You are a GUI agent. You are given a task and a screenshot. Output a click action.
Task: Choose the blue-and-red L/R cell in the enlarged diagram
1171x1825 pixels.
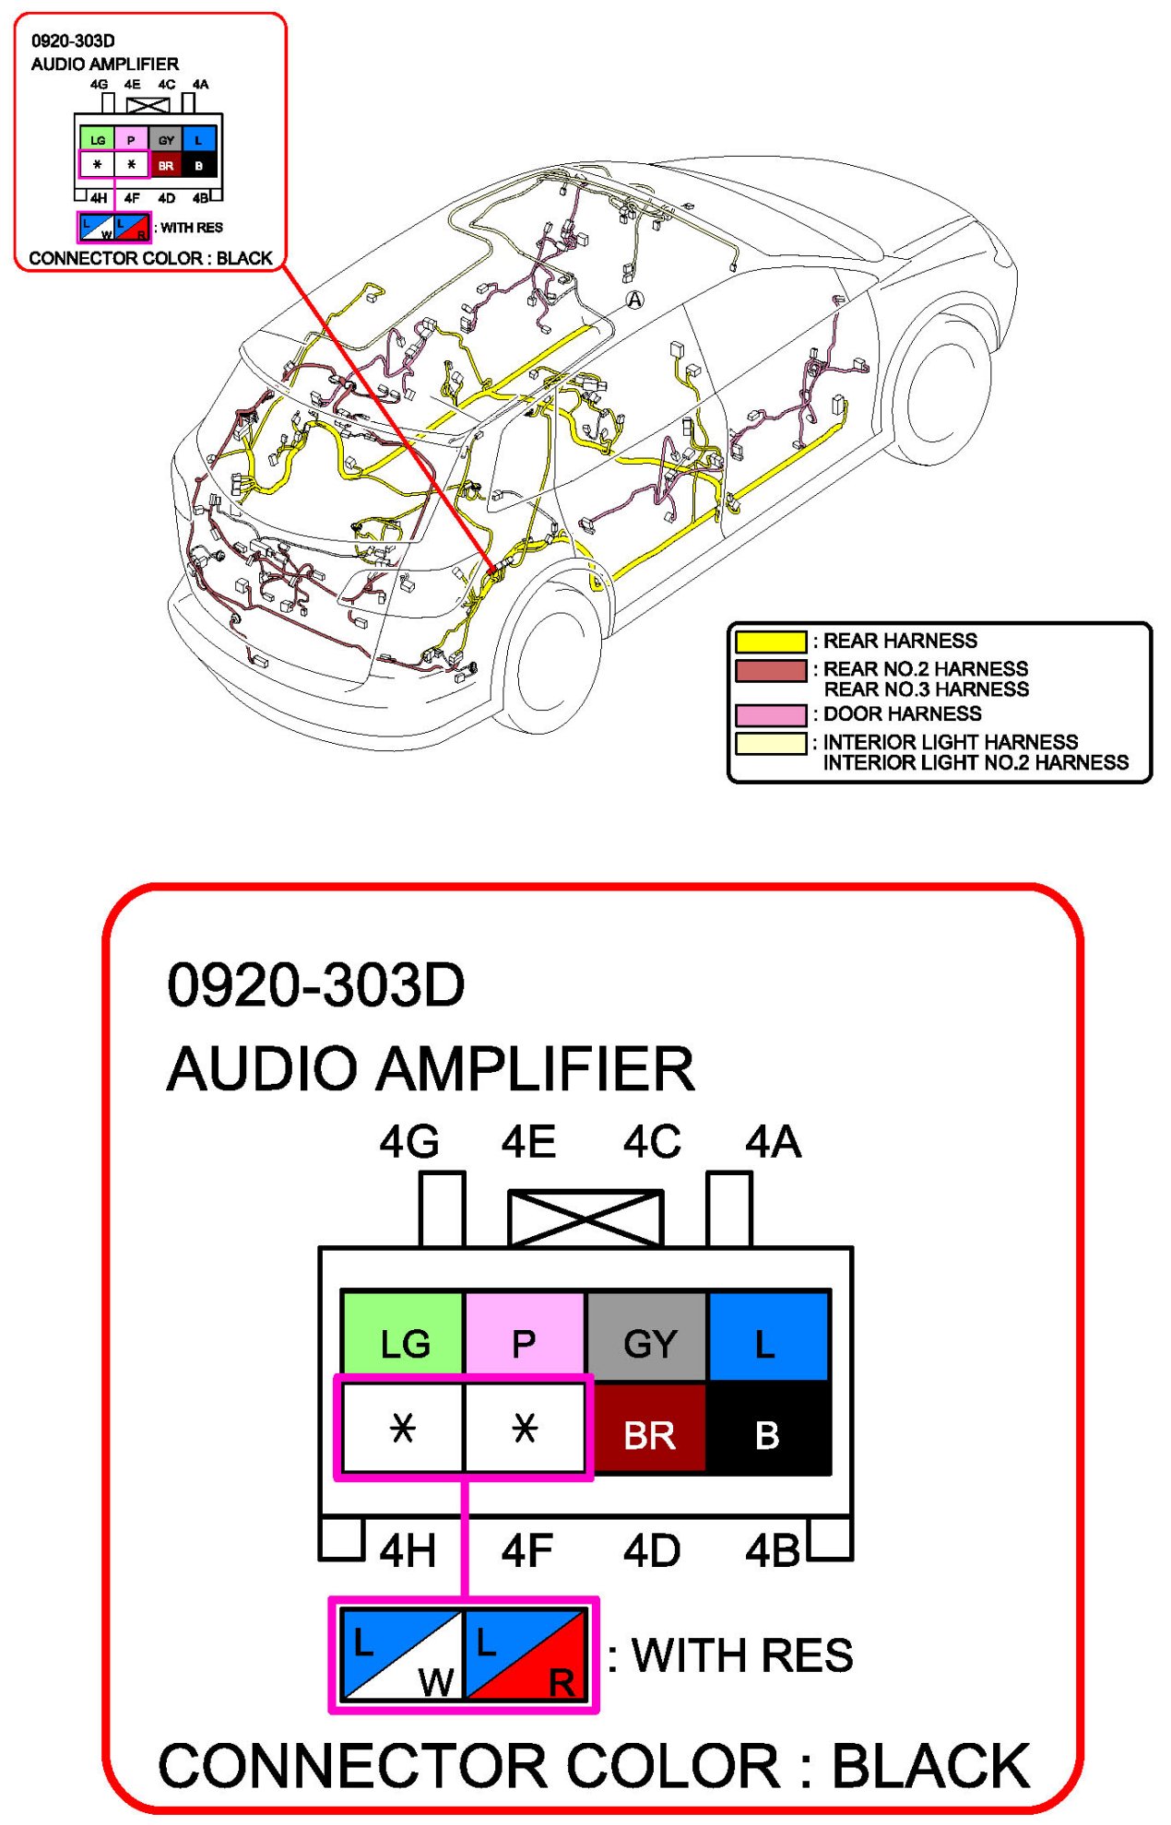coord(526,1654)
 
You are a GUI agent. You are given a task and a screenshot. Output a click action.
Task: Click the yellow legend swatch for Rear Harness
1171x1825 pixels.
coord(771,642)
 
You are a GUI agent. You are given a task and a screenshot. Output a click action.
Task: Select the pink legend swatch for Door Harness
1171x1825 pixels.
coord(771,714)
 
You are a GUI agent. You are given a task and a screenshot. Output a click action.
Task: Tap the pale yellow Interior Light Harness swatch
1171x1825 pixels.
coord(771,743)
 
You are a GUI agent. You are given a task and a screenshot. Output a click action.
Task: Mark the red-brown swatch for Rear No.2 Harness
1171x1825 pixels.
coord(771,670)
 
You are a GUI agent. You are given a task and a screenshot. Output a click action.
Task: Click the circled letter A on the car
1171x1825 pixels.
coord(635,300)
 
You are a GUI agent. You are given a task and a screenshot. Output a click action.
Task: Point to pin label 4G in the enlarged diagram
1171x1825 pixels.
coord(409,1143)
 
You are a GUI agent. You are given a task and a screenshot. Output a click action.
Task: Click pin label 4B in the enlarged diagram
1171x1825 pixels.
coord(773,1551)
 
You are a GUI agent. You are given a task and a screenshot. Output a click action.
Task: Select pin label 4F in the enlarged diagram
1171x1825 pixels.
coord(527,1551)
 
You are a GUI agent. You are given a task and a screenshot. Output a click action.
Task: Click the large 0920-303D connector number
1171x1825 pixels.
coord(316,984)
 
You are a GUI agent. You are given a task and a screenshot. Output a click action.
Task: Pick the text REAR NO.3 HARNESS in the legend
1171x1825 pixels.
coord(926,689)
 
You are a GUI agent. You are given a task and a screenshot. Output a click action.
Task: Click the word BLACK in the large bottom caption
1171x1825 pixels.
coord(930,1766)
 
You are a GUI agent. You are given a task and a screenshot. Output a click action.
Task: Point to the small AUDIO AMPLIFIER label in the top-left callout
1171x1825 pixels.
coord(105,64)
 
